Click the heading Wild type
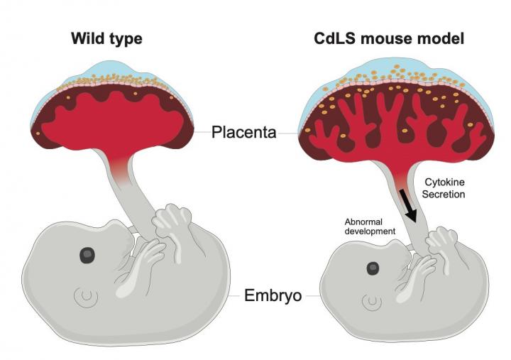(x=106, y=38)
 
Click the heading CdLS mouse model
(x=389, y=38)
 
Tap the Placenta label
(x=243, y=131)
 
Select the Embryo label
(x=273, y=295)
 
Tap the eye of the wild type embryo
(x=88, y=254)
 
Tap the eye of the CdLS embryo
(x=372, y=268)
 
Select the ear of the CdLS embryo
(x=370, y=304)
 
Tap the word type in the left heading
(x=125, y=39)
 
